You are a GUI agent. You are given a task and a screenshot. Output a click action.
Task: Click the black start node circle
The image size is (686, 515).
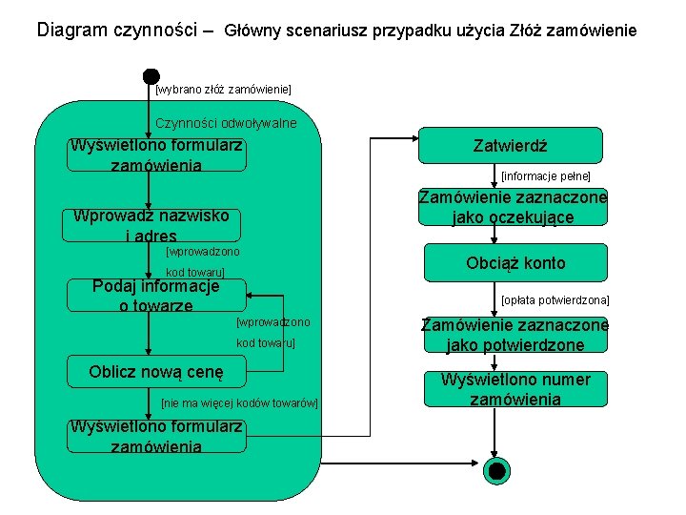(x=151, y=76)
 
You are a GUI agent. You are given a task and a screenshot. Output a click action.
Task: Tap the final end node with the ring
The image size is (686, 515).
(x=496, y=469)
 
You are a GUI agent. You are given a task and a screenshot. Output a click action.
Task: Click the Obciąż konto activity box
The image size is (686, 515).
(x=515, y=263)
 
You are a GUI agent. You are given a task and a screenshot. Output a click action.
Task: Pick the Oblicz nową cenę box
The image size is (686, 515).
(x=155, y=372)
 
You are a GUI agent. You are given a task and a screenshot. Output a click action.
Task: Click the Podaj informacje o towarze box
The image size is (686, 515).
(x=155, y=295)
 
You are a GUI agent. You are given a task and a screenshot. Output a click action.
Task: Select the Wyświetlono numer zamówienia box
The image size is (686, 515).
(x=515, y=389)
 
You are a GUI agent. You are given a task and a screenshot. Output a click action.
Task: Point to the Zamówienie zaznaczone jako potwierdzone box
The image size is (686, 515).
(x=515, y=334)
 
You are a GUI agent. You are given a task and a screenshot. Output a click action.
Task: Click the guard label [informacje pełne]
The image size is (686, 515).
(x=546, y=176)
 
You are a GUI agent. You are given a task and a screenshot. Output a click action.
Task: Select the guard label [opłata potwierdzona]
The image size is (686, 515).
(x=555, y=300)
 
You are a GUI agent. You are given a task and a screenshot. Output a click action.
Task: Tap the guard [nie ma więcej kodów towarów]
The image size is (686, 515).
(x=239, y=403)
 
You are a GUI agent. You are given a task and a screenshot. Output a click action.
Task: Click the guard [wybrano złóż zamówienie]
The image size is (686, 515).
(x=223, y=90)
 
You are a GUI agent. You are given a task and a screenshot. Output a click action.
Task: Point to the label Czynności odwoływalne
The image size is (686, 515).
(x=226, y=123)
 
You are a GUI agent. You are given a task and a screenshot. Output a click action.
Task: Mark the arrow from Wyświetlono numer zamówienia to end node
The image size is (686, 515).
(x=495, y=434)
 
